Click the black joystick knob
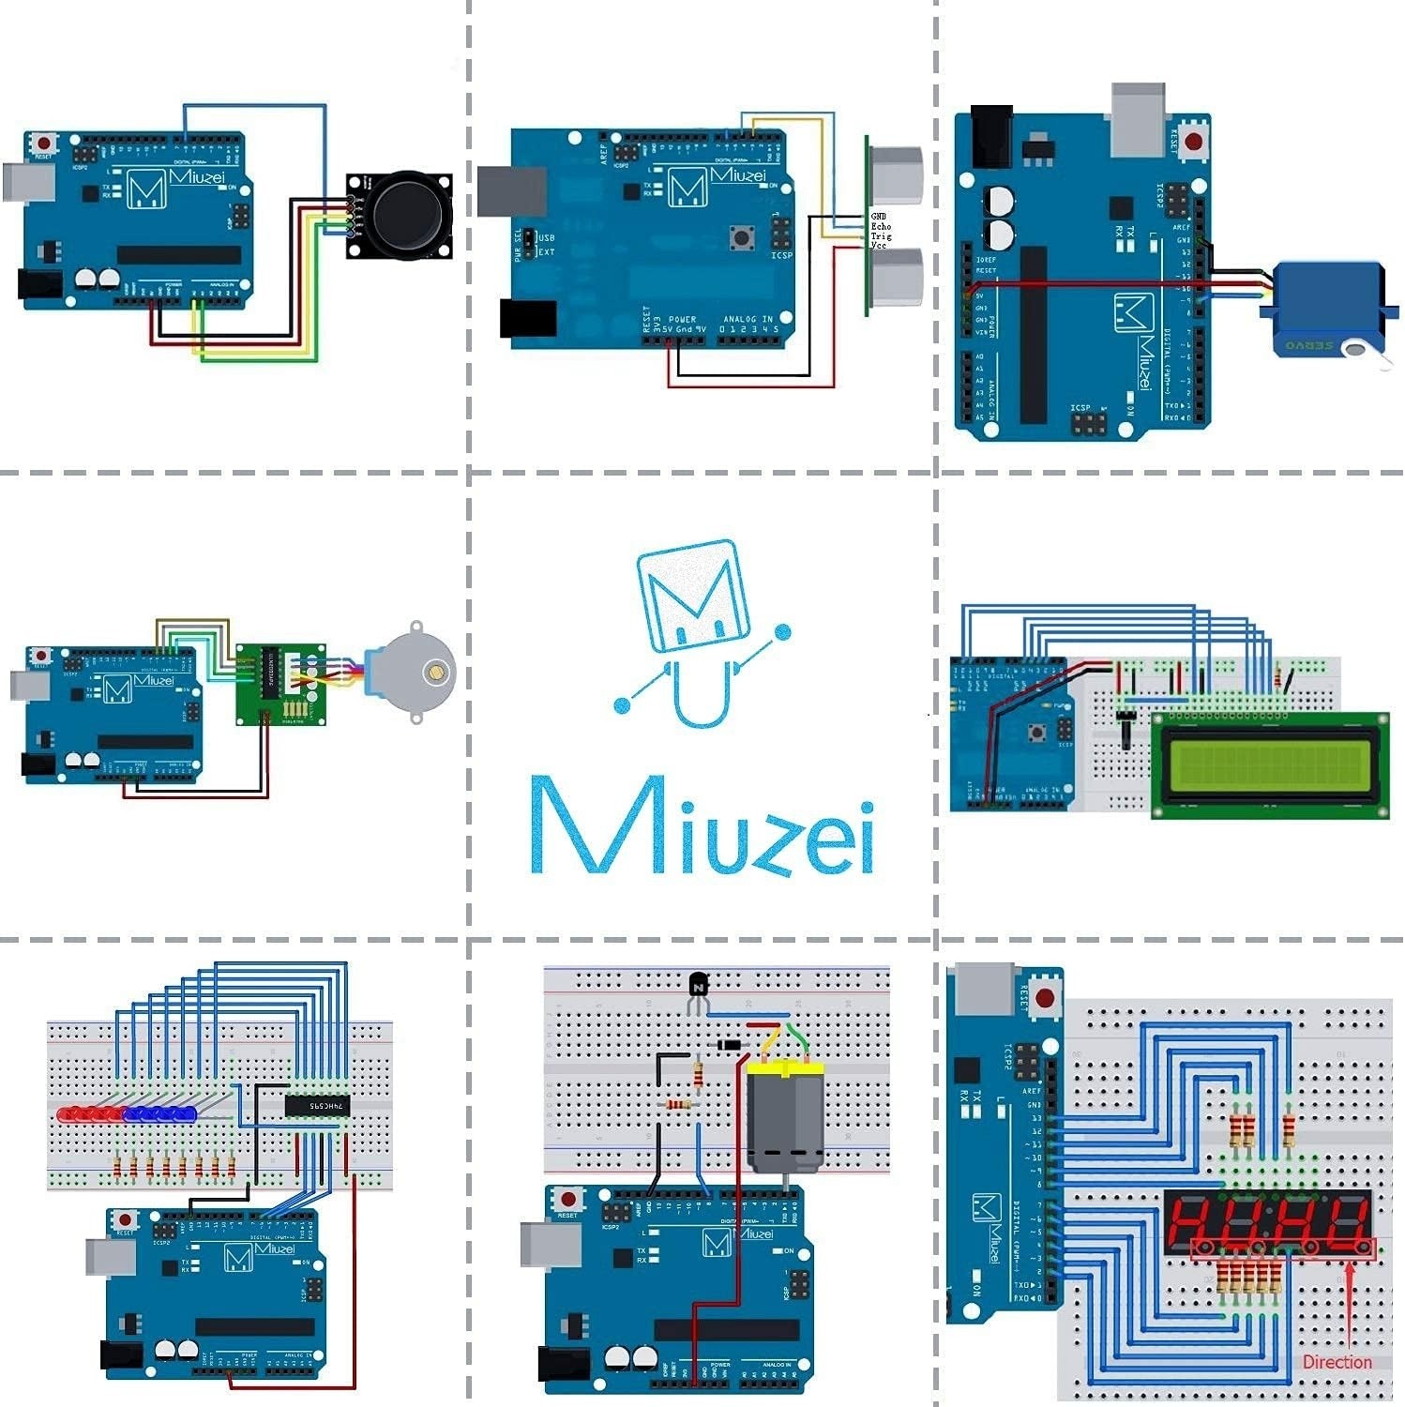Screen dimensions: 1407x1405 pyautogui.click(x=408, y=216)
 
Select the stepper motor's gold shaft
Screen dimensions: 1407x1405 pyautogui.click(x=434, y=671)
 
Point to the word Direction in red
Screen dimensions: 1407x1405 pyautogui.click(x=1337, y=1362)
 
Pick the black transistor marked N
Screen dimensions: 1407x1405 pyautogui.click(x=698, y=986)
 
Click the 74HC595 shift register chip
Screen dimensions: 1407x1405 pyautogui.click(x=317, y=1106)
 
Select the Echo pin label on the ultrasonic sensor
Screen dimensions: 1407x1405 pyautogui.click(x=881, y=226)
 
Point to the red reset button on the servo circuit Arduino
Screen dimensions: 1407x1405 pyautogui.click(x=1192, y=142)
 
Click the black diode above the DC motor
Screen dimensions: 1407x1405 pyautogui.click(x=729, y=1045)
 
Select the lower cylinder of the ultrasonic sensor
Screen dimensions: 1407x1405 pyautogui.click(x=897, y=277)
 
